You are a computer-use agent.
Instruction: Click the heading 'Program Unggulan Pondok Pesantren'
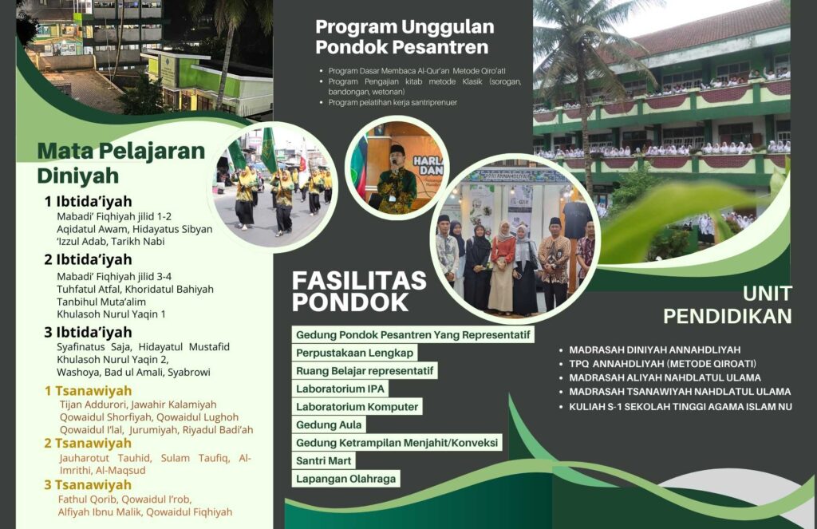pyautogui.click(x=405, y=37)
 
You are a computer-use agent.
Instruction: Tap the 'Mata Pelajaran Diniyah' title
pyautogui.click(x=121, y=163)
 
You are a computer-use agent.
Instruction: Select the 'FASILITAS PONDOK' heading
pyautogui.click(x=359, y=291)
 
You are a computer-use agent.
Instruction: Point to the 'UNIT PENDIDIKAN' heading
pyautogui.click(x=728, y=305)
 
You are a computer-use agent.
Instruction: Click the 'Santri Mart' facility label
pyautogui.click(x=324, y=460)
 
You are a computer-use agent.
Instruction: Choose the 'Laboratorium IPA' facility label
pyautogui.click(x=340, y=389)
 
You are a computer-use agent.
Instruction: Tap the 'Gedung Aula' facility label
pyautogui.click(x=329, y=424)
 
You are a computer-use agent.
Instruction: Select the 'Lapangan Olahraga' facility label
pyautogui.click(x=346, y=479)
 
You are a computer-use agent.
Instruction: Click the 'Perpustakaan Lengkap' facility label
pyautogui.click(x=355, y=353)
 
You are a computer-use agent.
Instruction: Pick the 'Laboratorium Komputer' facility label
pyautogui.click(x=357, y=406)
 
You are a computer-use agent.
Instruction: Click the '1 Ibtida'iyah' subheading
pyautogui.click(x=88, y=201)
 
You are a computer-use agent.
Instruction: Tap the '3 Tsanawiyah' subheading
pyautogui.click(x=88, y=484)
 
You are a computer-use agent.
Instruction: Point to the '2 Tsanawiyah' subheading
pyautogui.click(x=88, y=443)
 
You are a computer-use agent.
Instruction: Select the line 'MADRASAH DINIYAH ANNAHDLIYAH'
pyautogui.click(x=655, y=350)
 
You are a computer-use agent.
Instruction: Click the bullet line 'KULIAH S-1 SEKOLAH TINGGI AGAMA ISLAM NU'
pyautogui.click(x=681, y=406)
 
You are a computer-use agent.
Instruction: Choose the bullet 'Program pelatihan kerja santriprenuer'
pyautogui.click(x=393, y=103)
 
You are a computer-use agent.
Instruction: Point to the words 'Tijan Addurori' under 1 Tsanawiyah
pyautogui.click(x=93, y=405)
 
